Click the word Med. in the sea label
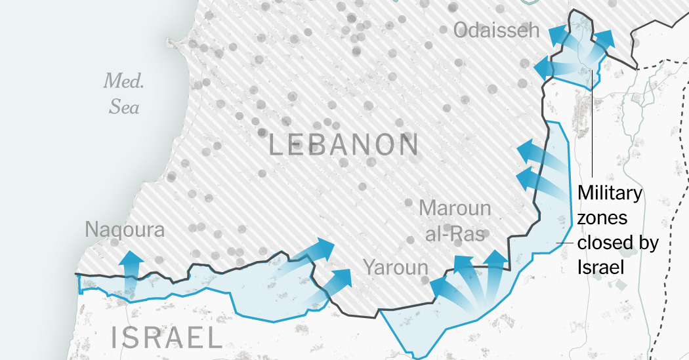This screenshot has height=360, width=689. coord(123,82)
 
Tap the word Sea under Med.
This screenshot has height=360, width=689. coord(124,106)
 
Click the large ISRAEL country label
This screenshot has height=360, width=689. coord(166,337)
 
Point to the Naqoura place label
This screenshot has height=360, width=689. coord(125,230)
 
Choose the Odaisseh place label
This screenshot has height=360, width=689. coord(496,30)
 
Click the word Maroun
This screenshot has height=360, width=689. coord(455,209)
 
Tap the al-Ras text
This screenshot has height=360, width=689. coord(455,234)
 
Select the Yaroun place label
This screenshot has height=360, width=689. coord(396,268)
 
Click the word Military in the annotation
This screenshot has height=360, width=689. coord(610,193)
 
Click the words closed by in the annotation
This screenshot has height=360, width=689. coord(617,243)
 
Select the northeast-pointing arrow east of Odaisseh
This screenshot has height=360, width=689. coord(602,42)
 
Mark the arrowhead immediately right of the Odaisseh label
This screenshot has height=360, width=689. coord(557,34)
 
